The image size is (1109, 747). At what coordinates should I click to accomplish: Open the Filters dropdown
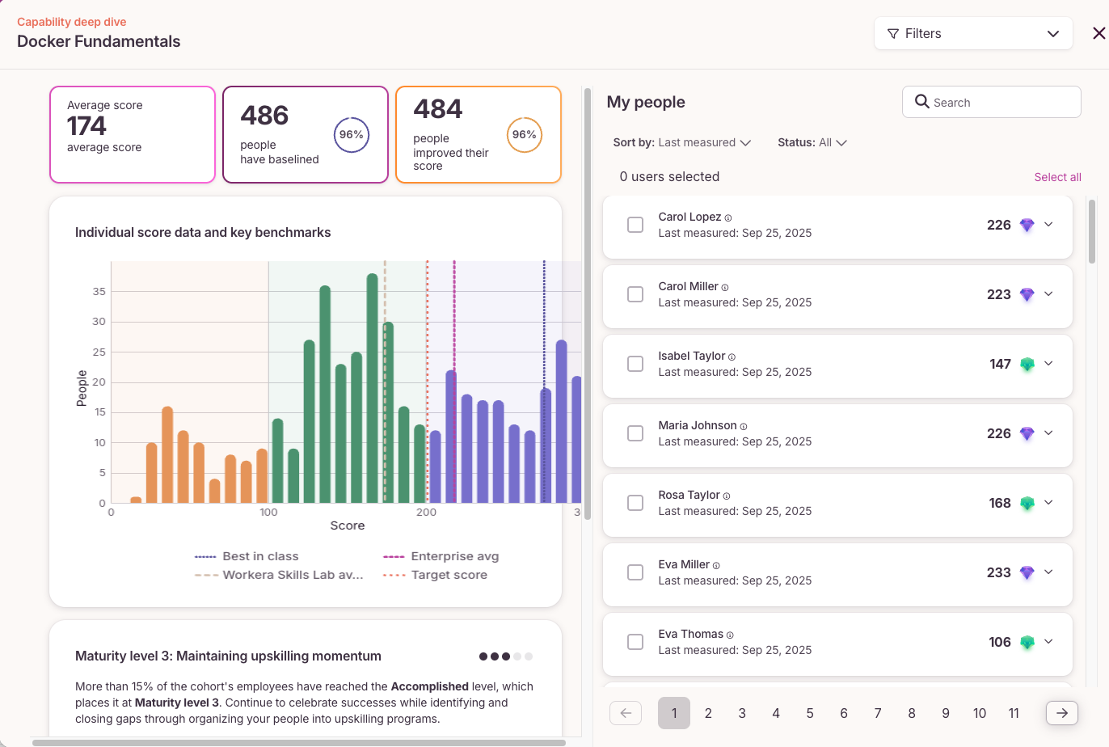click(973, 33)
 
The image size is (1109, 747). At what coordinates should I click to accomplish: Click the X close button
click(1098, 33)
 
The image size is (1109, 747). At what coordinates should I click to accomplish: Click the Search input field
click(992, 102)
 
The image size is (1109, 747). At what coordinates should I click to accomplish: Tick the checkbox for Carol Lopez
click(635, 225)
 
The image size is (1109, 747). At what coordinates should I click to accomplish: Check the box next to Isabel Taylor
click(635, 364)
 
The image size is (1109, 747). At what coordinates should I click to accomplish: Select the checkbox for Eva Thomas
click(635, 642)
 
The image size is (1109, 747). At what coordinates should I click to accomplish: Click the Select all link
click(1057, 177)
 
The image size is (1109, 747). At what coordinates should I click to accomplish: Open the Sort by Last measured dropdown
click(681, 142)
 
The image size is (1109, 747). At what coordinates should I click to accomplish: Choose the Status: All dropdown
click(812, 142)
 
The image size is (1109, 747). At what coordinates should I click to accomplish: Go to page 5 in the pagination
click(809, 713)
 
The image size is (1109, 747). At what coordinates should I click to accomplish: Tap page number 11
click(1014, 713)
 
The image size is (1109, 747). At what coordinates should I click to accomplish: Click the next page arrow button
click(1061, 713)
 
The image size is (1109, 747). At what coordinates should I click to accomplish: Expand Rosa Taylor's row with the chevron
click(1048, 503)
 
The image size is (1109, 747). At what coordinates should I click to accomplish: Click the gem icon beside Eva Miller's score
click(1027, 572)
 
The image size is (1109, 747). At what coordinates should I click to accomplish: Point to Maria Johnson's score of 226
click(998, 433)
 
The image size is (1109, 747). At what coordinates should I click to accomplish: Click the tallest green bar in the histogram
click(373, 388)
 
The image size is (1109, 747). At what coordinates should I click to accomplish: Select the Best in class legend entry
click(247, 556)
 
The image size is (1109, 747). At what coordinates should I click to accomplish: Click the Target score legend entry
click(435, 576)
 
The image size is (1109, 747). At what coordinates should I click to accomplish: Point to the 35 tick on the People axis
click(99, 292)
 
